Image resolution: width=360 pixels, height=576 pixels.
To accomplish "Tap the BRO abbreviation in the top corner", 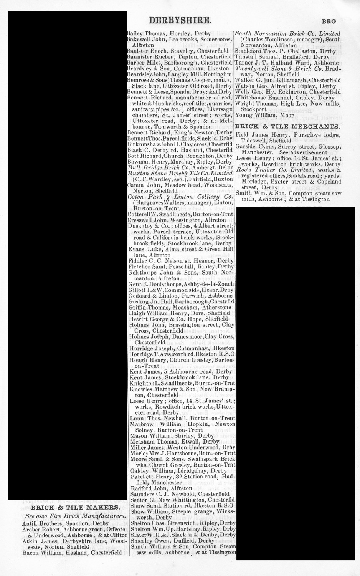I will (x=329, y=22).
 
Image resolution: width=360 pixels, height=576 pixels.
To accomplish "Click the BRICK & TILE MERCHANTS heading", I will (x=287, y=126).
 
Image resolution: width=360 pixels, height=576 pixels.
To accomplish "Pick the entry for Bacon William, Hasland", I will (x=72, y=553).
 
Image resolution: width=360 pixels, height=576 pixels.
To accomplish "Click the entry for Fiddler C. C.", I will (x=180, y=260).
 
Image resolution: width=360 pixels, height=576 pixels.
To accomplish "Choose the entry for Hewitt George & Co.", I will (x=179, y=319).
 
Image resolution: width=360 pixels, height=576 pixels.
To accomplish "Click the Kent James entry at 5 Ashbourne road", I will (x=181, y=371).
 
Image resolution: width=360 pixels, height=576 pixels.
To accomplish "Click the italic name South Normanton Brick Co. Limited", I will (x=287, y=33).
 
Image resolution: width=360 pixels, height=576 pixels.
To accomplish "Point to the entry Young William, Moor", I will (x=261, y=115).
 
